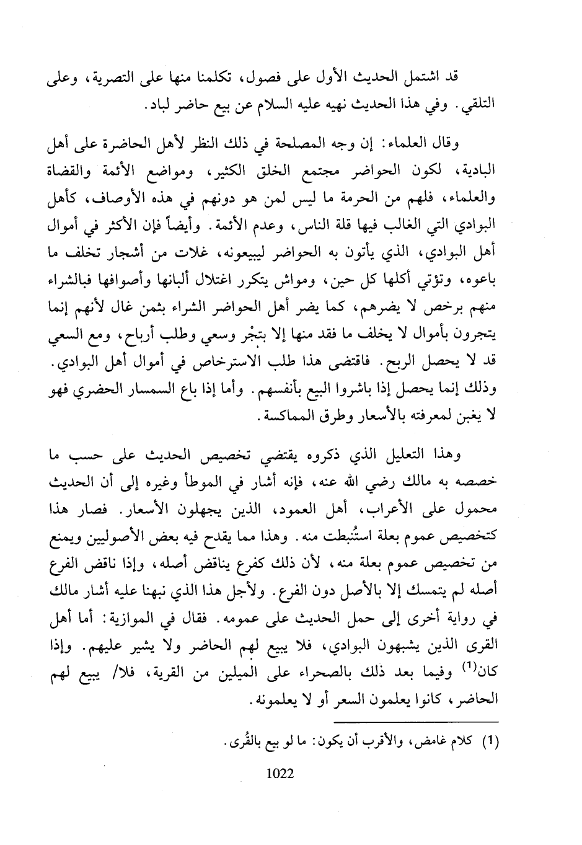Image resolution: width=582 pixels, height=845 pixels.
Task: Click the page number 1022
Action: (x=278, y=773)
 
